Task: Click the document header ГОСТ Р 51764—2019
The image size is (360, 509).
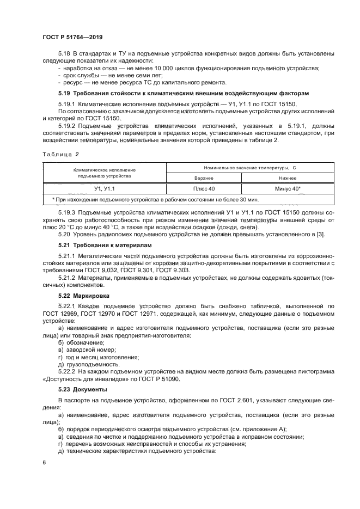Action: point(72,37)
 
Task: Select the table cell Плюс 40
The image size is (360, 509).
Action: point(204,188)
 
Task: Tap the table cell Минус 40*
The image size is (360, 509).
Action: point(288,188)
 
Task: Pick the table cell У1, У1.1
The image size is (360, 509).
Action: point(104,188)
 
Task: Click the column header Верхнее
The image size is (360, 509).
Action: point(204,178)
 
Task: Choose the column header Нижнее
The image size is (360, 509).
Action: point(288,178)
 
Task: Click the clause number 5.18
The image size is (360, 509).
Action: point(65,53)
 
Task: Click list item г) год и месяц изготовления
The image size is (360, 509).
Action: point(98,357)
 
